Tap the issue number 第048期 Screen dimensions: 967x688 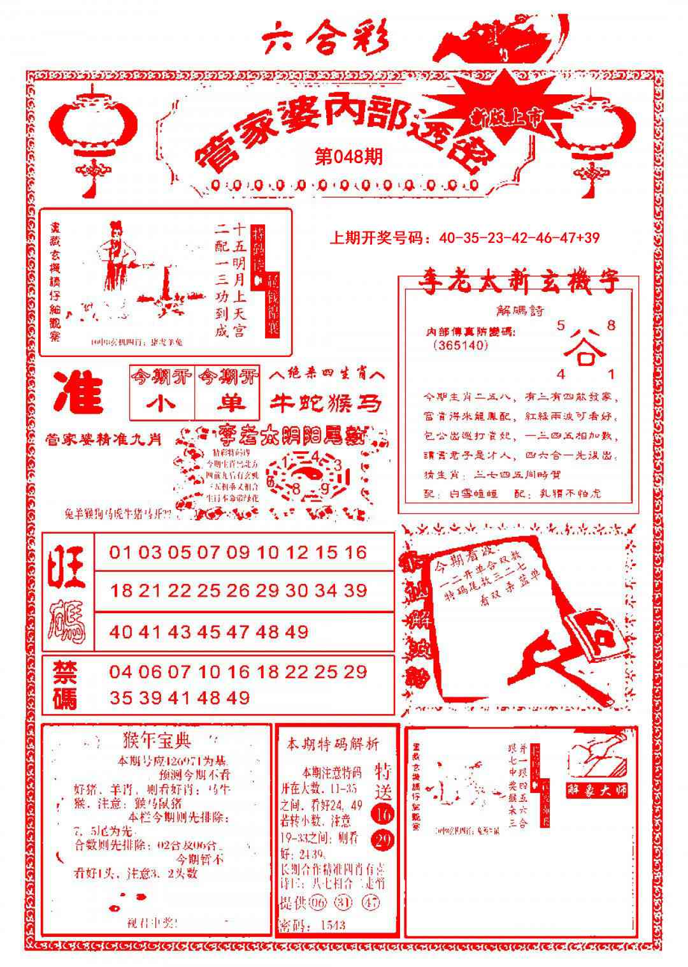click(349, 157)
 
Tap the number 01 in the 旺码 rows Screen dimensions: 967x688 click(120, 552)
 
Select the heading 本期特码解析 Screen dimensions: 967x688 click(333, 743)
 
